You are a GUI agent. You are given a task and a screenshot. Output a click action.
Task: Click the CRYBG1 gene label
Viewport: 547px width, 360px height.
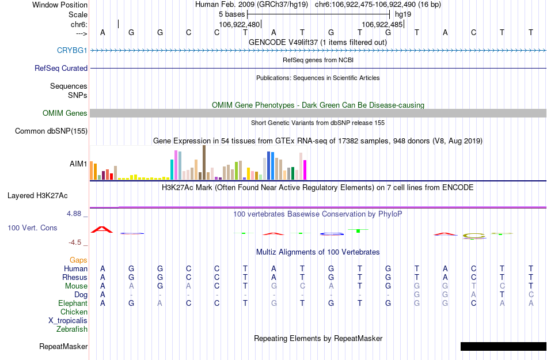point(72,50)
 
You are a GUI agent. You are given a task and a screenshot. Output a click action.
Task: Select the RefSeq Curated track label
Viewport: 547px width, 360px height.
point(61,68)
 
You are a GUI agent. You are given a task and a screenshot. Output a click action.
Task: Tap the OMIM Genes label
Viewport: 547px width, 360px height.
point(65,113)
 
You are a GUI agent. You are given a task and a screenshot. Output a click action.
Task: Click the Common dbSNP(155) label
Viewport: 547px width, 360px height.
point(51,131)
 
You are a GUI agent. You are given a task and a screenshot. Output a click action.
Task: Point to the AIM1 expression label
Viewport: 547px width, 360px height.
point(78,164)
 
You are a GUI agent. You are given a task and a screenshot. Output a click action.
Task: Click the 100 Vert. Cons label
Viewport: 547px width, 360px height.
point(32,228)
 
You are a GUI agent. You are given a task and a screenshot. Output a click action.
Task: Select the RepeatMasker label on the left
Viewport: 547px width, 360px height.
point(63,347)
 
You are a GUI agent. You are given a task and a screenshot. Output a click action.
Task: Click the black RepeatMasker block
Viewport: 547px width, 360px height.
point(503,346)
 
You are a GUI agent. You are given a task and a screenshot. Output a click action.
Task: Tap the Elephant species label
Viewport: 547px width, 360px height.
point(73,303)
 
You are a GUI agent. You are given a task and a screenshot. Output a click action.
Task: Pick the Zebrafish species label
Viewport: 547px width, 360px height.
point(72,329)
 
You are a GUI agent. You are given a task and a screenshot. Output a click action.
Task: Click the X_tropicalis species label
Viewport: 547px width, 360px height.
point(68,321)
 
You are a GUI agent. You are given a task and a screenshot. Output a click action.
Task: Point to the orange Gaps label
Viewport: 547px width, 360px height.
point(79,260)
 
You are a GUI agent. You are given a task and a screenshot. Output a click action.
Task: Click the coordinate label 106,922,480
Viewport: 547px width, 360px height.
point(240,25)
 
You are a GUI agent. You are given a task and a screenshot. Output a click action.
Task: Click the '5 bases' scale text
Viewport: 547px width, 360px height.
point(231,14)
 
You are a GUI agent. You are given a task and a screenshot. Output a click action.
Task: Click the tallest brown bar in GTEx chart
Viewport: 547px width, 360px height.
point(204,162)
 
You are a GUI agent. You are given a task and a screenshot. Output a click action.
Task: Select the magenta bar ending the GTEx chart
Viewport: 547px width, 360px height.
point(305,169)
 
